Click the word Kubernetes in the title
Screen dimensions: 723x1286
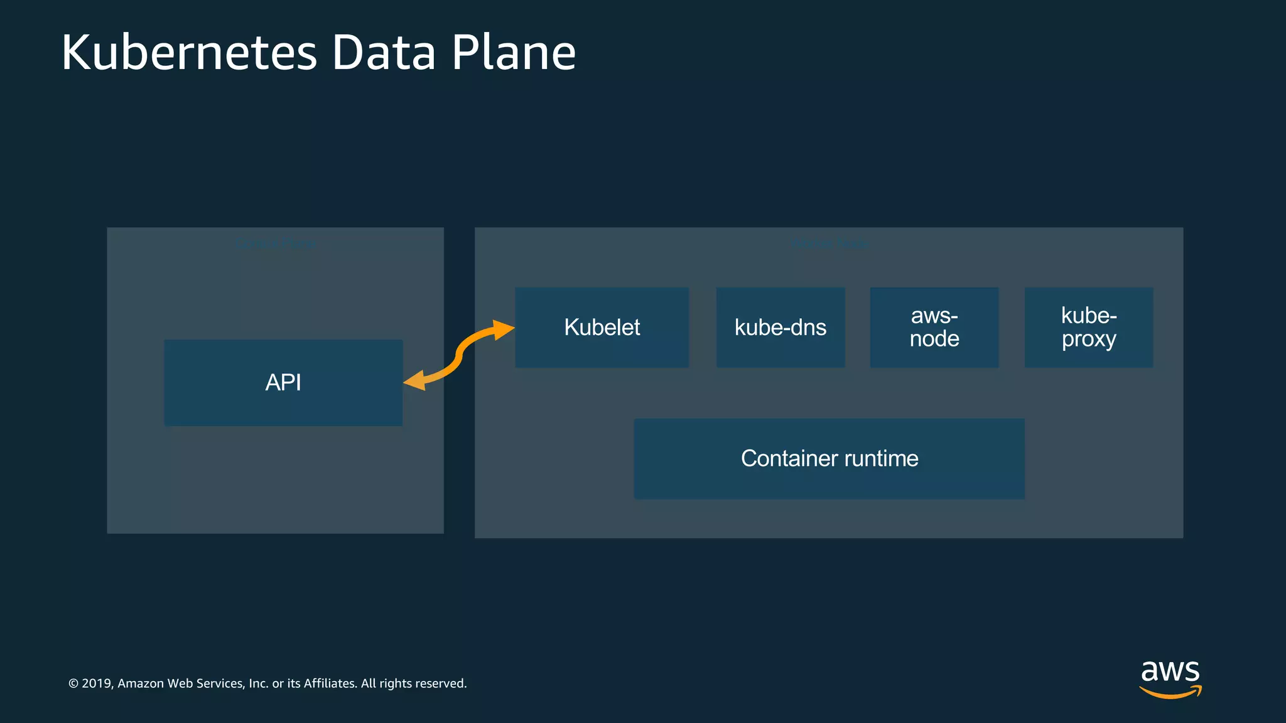[x=189, y=53]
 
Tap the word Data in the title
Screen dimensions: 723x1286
[x=384, y=53]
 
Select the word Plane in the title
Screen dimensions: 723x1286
[x=514, y=53]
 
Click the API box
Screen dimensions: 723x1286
[x=283, y=382]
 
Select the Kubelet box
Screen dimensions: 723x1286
[x=602, y=327]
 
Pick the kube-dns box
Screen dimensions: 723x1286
[x=781, y=327]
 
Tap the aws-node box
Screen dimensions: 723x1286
[x=934, y=327]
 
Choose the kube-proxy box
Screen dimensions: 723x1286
[x=1089, y=327]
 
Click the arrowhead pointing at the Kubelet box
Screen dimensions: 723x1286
[x=502, y=329]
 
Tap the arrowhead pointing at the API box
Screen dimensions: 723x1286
[x=415, y=380]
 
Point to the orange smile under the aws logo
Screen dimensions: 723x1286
[x=1170, y=693]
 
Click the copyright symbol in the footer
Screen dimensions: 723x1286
[x=73, y=683]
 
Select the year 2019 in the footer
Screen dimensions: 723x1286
[x=97, y=683]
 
